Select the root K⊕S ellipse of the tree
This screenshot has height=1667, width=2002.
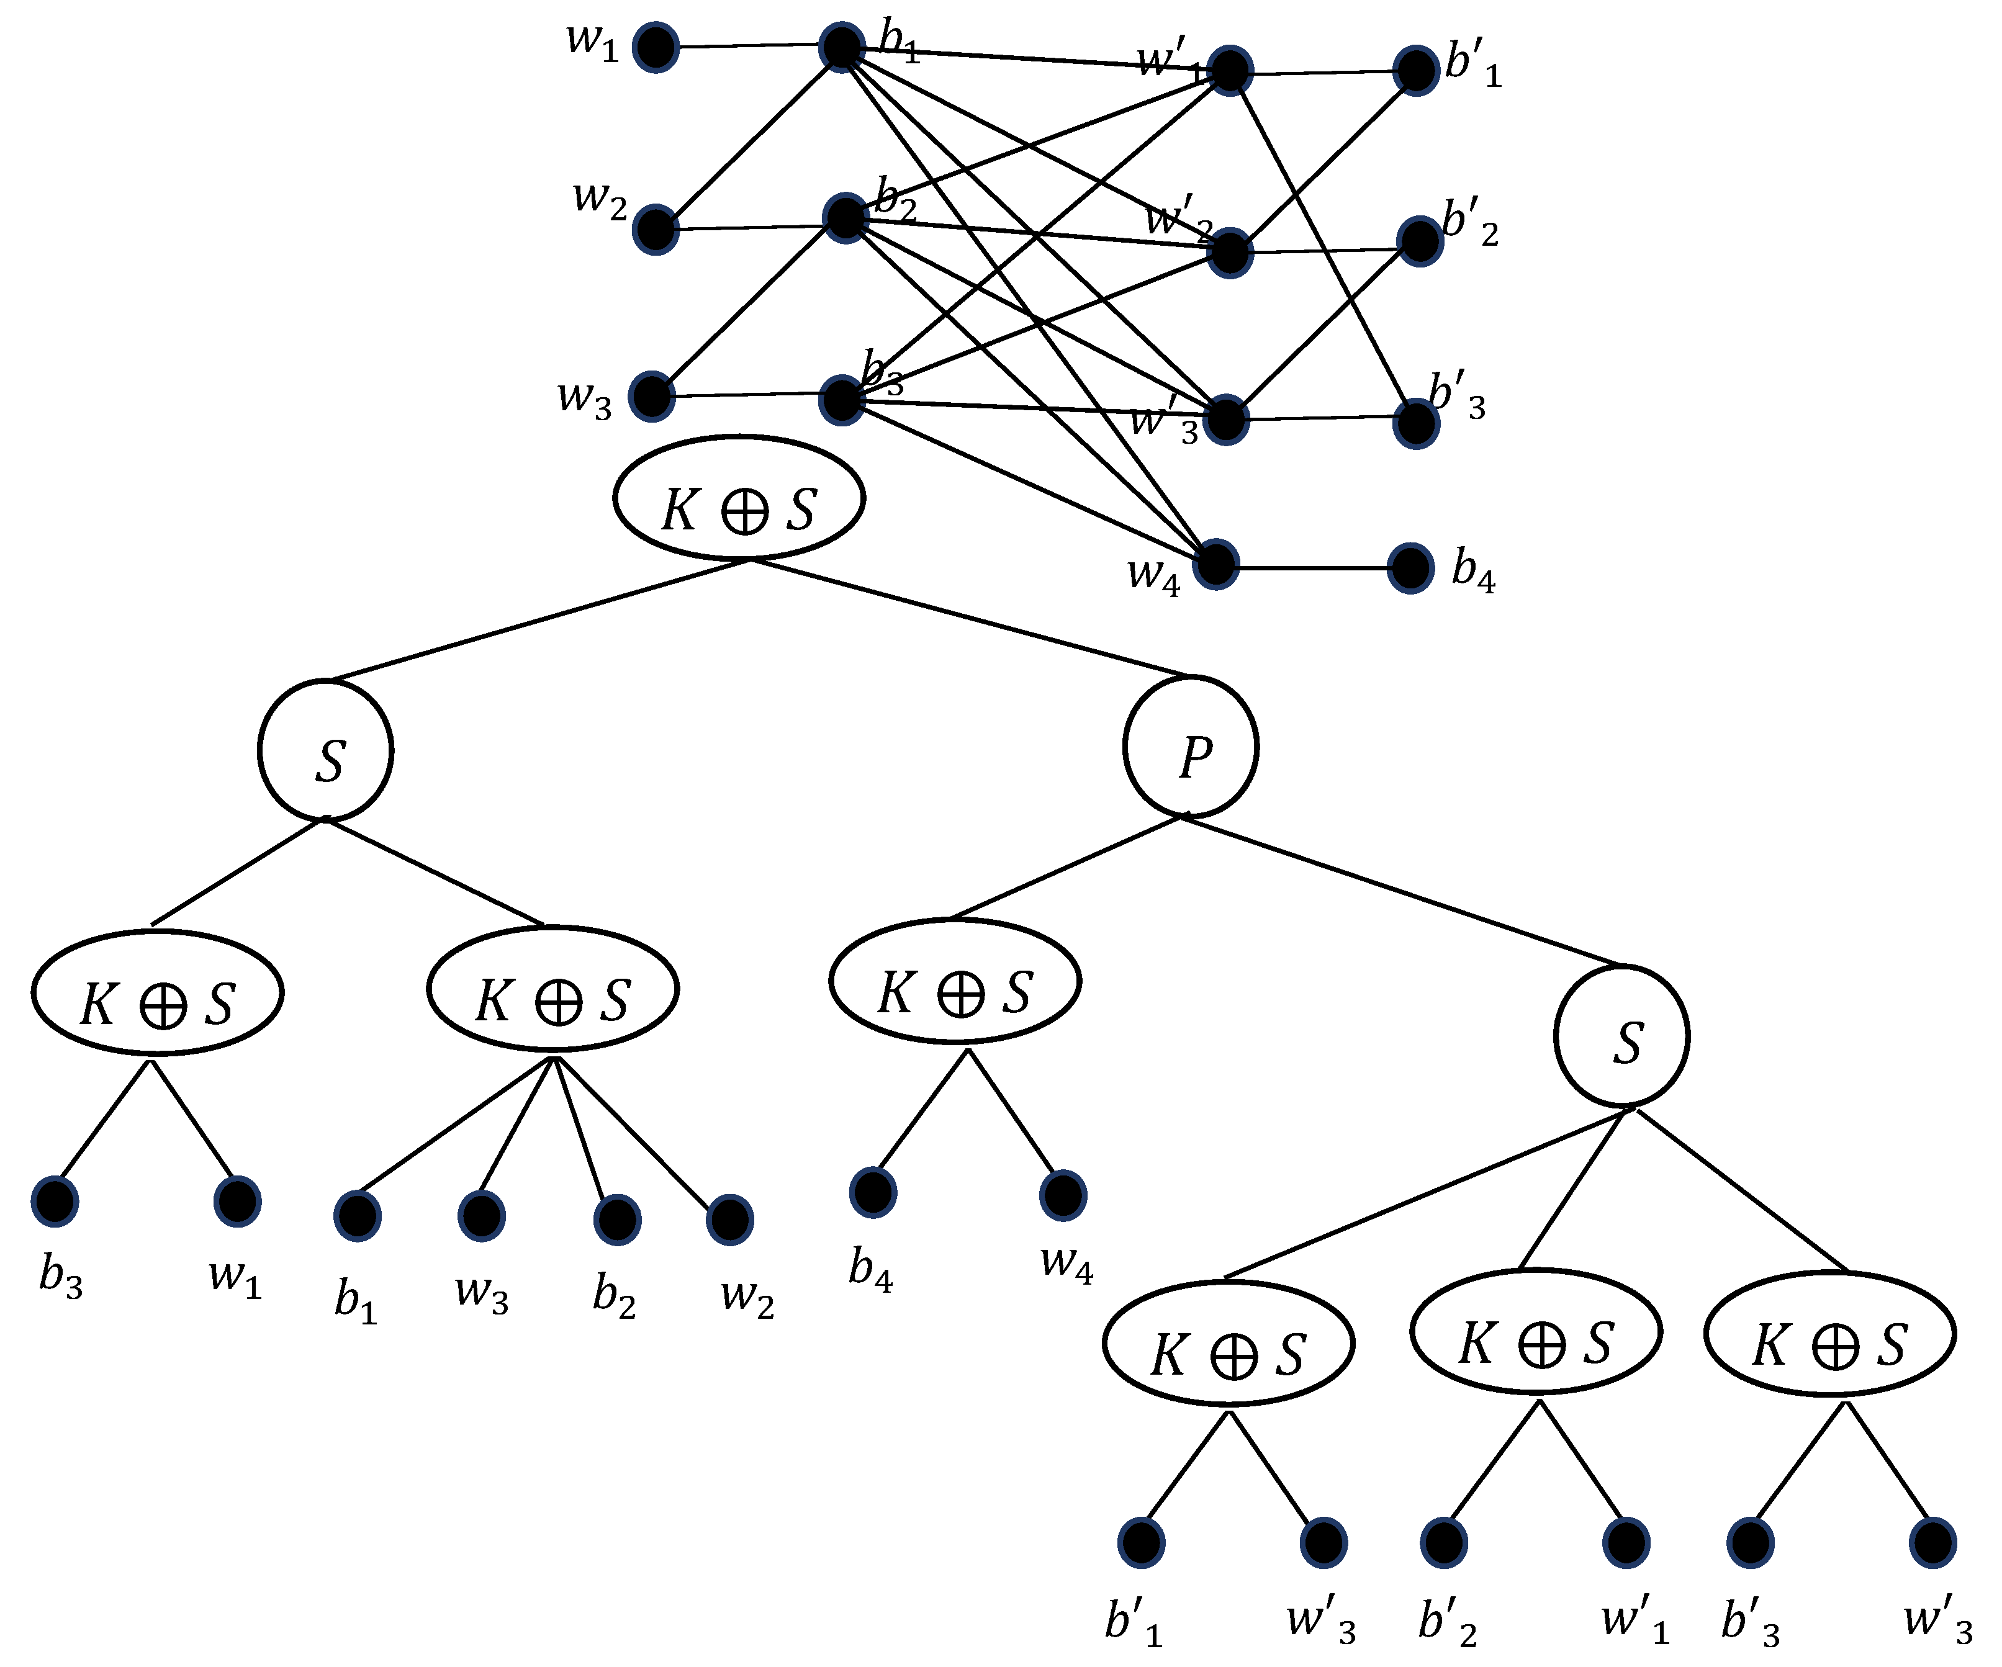coord(739,498)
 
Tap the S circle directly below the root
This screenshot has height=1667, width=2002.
coord(325,750)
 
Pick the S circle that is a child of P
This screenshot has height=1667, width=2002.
coord(1621,1036)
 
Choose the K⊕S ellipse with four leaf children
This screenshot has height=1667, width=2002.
coord(553,989)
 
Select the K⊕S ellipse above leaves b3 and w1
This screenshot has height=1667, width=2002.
coord(157,993)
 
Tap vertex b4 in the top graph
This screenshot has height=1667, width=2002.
coord(1411,569)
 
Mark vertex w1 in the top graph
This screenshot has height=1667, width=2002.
coord(656,48)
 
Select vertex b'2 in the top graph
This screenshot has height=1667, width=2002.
coord(1420,241)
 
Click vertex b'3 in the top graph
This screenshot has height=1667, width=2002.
coord(1416,424)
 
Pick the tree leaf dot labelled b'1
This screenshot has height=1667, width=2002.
coord(1141,1543)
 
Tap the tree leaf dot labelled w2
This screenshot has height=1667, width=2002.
coord(730,1220)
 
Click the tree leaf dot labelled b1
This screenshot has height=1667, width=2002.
coord(358,1216)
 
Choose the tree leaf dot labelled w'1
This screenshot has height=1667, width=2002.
coord(1626,1543)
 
